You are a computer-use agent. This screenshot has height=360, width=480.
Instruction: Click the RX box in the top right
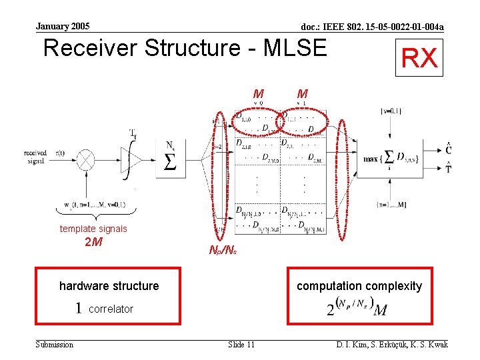point(419,58)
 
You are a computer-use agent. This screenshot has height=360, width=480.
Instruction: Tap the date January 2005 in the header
point(62,27)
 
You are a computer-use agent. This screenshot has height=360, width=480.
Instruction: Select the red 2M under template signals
point(93,242)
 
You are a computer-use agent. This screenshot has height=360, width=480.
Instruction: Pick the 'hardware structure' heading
point(109,286)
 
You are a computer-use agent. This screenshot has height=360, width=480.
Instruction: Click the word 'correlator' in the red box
point(111,309)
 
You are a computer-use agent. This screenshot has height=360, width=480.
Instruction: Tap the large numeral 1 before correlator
point(79,308)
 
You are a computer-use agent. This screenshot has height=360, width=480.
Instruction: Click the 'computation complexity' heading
point(359,286)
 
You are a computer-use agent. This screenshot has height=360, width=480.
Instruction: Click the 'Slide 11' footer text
point(241,344)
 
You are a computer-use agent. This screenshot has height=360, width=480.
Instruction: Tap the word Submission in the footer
point(54,344)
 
